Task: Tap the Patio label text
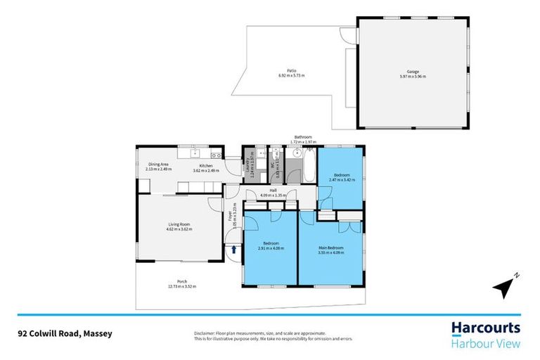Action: (291, 71)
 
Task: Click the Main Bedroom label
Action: (330, 247)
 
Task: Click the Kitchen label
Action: (205, 166)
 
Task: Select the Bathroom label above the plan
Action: (303, 137)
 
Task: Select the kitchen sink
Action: (192, 154)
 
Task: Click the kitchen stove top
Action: (217, 155)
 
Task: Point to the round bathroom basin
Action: (297, 152)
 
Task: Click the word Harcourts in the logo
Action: (485, 328)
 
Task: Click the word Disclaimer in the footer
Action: (206, 333)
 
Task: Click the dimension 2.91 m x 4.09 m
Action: (270, 248)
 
